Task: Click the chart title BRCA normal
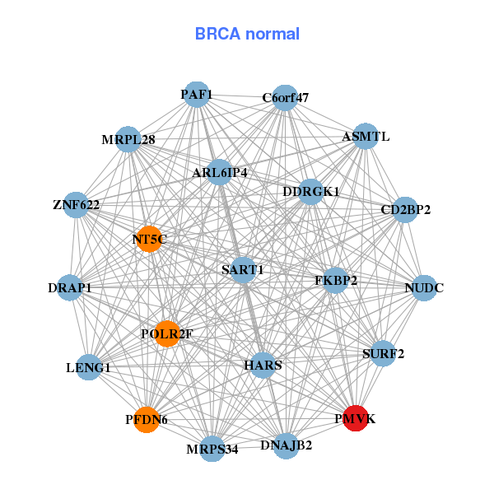click(247, 34)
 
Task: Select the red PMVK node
click(356, 418)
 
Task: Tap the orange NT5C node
click(149, 239)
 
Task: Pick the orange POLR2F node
click(167, 333)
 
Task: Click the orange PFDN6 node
click(147, 419)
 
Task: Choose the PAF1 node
click(196, 95)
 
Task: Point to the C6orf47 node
click(285, 98)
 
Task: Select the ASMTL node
click(365, 136)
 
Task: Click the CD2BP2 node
click(405, 209)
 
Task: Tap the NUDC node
click(424, 288)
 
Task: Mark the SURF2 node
click(383, 354)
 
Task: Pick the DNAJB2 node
click(286, 445)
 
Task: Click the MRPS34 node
click(212, 448)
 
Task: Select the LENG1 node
click(88, 367)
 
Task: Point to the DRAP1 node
click(70, 288)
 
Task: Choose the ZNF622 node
click(76, 205)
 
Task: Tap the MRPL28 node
click(128, 139)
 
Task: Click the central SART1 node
click(243, 269)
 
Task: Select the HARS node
click(263, 364)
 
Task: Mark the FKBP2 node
click(336, 281)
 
